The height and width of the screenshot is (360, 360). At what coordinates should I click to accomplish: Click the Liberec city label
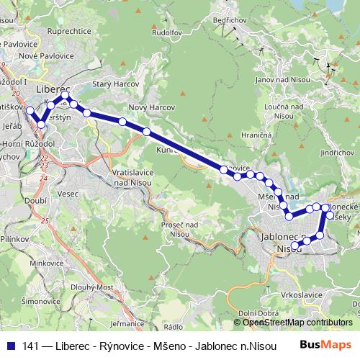50,88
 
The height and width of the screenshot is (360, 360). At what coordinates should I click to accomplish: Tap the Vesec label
68,194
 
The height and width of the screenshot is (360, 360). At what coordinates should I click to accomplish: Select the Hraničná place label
256,135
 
